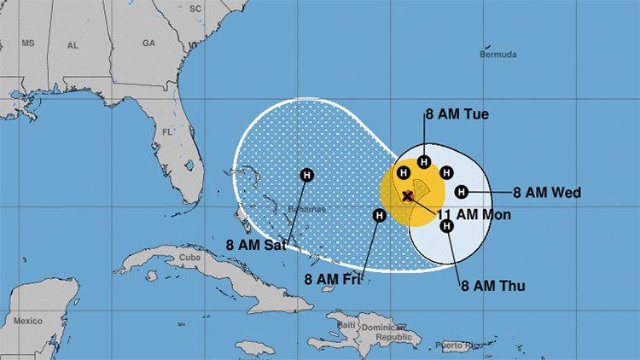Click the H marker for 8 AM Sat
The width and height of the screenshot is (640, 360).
tap(306, 175)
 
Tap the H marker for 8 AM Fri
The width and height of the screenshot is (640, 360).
tap(379, 216)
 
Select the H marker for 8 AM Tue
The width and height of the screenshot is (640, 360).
tap(424, 160)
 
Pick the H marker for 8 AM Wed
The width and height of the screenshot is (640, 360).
tap(462, 192)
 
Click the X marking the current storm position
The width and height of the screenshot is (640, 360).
tap(408, 196)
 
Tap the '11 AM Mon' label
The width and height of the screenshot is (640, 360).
tap(474, 215)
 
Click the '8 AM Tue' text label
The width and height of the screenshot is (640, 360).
tap(457, 114)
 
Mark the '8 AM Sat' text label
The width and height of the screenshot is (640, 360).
tap(254, 244)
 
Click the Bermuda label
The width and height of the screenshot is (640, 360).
tap(499, 55)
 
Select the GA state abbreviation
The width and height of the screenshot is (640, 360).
tap(148, 43)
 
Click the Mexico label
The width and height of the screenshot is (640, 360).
tap(27, 321)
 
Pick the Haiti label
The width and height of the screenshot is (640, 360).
tap(346, 325)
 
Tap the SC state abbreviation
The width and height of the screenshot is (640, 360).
tap(195, 8)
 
